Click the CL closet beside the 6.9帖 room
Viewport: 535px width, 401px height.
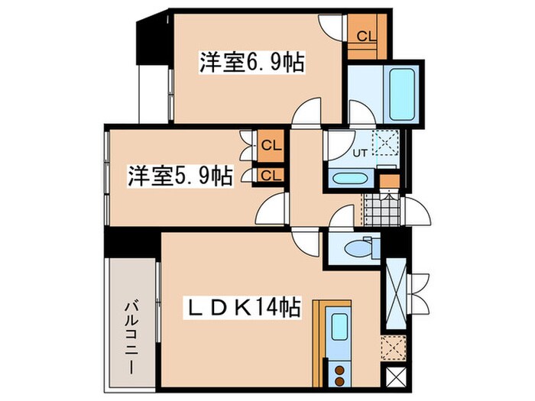pos(365,36)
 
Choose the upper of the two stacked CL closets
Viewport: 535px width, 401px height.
pos(269,144)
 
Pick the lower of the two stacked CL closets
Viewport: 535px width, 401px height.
pos(269,175)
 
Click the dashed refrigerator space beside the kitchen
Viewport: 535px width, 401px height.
pos(393,347)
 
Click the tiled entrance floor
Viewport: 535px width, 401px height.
pos(378,207)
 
